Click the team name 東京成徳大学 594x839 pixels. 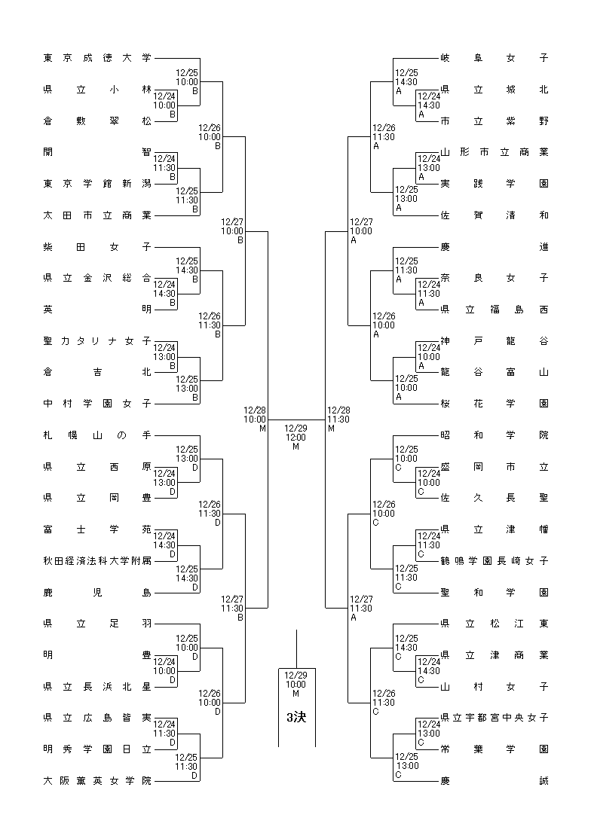click(x=97, y=58)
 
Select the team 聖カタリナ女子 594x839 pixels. click(x=97, y=341)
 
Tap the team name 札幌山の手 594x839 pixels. click(x=97, y=435)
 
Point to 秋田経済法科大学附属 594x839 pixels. click(x=97, y=561)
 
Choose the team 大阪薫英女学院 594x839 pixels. click(x=97, y=781)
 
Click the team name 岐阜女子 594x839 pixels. click(x=494, y=58)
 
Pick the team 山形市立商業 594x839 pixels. click(x=494, y=152)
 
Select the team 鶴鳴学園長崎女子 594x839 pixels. click(x=494, y=561)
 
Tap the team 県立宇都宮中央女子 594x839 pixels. click(x=494, y=718)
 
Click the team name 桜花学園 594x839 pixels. click(x=494, y=404)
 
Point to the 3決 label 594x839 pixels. click(x=296, y=717)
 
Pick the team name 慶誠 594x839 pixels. click(x=494, y=781)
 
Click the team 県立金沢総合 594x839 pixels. click(x=97, y=278)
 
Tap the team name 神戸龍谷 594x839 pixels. click(x=494, y=341)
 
